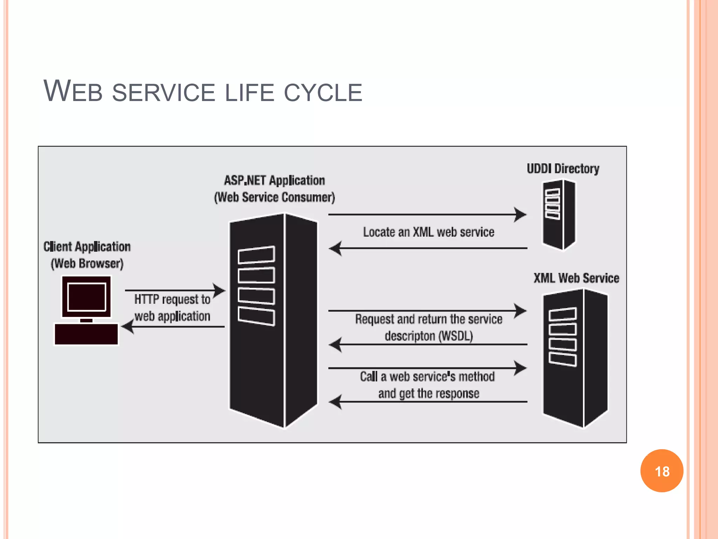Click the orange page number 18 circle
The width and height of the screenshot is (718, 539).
pyautogui.click(x=662, y=471)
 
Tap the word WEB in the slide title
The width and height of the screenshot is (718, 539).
pyautogui.click(x=73, y=92)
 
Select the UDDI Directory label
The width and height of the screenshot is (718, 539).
pyautogui.click(x=563, y=169)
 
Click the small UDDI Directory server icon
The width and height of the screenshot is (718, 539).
pyautogui.click(x=559, y=215)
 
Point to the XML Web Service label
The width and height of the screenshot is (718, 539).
pyautogui.click(x=576, y=278)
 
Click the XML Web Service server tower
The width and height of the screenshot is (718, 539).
pyautogui.click(x=575, y=358)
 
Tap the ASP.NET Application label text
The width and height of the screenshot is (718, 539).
pyautogui.click(x=274, y=181)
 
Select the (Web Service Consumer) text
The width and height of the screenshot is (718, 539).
pyautogui.click(x=274, y=197)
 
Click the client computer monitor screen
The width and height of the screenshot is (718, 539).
pyautogui.click(x=87, y=297)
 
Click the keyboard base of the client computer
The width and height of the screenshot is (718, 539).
pyautogui.click(x=86, y=334)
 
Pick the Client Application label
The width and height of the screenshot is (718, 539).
pyautogui.click(x=87, y=247)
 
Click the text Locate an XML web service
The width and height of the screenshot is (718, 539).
pyautogui.click(x=428, y=232)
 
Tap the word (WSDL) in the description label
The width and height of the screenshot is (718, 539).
pyautogui.click(x=456, y=336)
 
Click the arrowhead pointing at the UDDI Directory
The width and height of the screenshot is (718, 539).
pyautogui.click(x=520, y=214)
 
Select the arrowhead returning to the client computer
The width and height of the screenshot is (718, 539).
pyautogui.click(x=128, y=327)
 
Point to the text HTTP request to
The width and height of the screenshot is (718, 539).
pyautogui.click(x=172, y=299)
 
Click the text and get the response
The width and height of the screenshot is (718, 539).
pyautogui.click(x=428, y=393)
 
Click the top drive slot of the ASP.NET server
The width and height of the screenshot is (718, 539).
pyautogui.click(x=256, y=255)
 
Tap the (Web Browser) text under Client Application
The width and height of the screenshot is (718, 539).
pyautogui.click(x=87, y=264)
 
